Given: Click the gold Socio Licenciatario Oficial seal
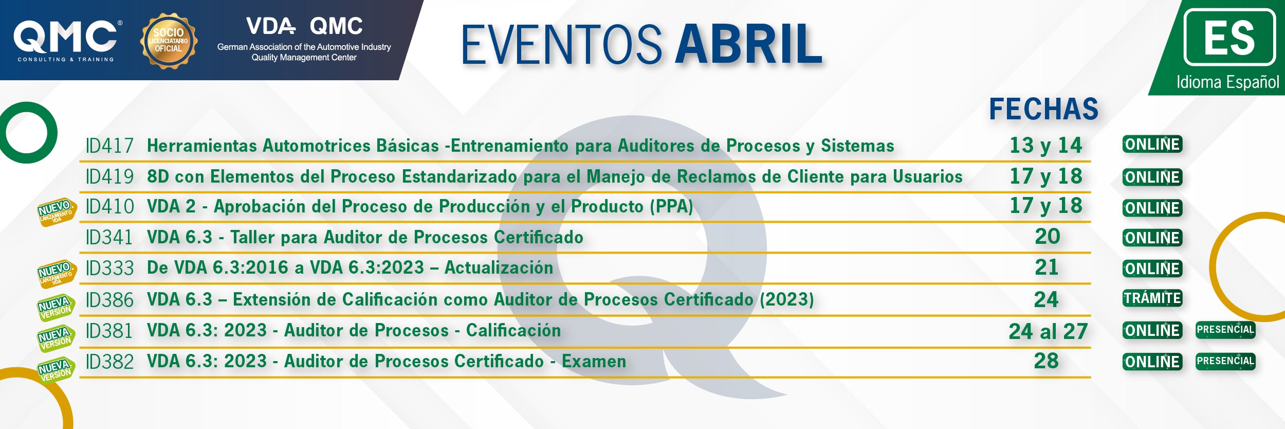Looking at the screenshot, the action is pyautogui.click(x=169, y=41).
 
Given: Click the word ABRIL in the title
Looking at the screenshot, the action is pyautogui.click(x=749, y=44).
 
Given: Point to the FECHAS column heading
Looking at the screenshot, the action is pyautogui.click(x=1044, y=109).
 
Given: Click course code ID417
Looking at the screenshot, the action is pyautogui.click(x=109, y=146).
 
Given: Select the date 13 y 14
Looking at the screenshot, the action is pyautogui.click(x=1046, y=146).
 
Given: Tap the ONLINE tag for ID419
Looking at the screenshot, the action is pyautogui.click(x=1152, y=177).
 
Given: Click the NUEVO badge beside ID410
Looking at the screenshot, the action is pyautogui.click(x=57, y=211).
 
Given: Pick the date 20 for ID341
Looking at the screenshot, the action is pyautogui.click(x=1048, y=237).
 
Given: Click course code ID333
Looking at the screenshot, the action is pyautogui.click(x=109, y=268).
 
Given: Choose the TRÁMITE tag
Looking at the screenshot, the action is pyautogui.click(x=1152, y=298).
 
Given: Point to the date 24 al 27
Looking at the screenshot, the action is pyautogui.click(x=1048, y=331).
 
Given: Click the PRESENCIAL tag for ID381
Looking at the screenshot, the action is pyautogui.click(x=1225, y=330).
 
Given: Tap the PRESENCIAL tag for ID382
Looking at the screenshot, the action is pyautogui.click(x=1225, y=361).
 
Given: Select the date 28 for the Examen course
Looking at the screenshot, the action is pyautogui.click(x=1047, y=361).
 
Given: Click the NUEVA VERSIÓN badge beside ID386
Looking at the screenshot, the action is pyautogui.click(x=56, y=307).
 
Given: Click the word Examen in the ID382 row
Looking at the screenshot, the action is pyautogui.click(x=594, y=361).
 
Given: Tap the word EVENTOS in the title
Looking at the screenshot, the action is pyautogui.click(x=561, y=44).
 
